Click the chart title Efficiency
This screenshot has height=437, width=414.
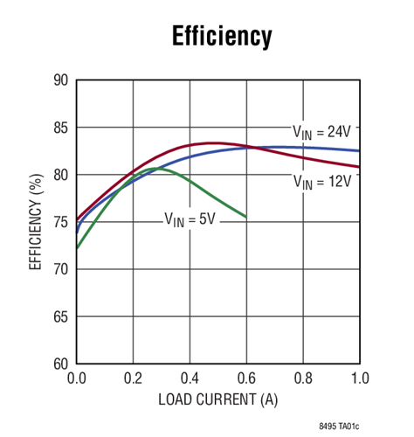coord(222,38)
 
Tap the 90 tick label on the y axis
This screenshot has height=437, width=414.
coord(61,80)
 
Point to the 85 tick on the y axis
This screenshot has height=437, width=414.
coord(61,128)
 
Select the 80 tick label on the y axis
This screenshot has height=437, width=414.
coord(61,175)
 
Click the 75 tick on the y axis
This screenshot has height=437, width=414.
coord(61,222)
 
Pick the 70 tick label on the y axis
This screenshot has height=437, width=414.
coord(61,269)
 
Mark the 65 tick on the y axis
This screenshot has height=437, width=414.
coord(61,316)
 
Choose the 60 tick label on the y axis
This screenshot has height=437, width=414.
coord(61,364)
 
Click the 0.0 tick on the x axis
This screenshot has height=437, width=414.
coord(76,378)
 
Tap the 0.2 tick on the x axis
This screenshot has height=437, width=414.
coord(133,378)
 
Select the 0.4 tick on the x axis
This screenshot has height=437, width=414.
coord(190,378)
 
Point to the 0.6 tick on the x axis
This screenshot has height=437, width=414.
coord(246,378)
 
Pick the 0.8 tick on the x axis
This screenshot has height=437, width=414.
coord(303,378)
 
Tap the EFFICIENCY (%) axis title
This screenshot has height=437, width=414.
coord(36,222)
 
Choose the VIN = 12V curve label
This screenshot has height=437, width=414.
coord(321,182)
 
